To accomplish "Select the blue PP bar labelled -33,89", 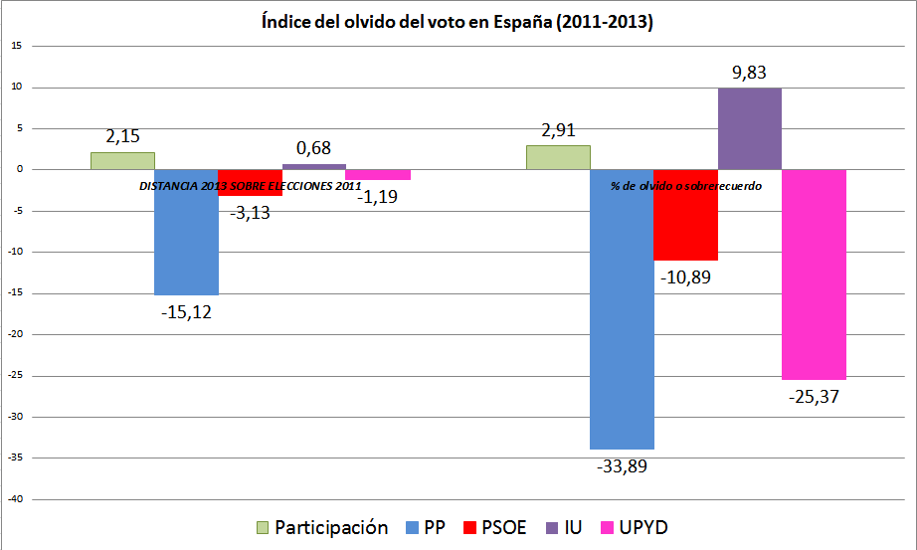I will [x=622, y=308].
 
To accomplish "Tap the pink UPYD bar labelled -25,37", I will [x=814, y=274].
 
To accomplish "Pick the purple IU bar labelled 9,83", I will [x=749, y=128].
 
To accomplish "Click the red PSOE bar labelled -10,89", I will [x=685, y=214].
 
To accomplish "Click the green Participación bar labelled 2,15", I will [x=122, y=160].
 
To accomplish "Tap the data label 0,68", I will [x=313, y=148].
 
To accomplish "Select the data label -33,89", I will [x=623, y=464].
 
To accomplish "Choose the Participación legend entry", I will [x=321, y=527].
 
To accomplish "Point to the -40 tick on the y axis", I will [x=18, y=499].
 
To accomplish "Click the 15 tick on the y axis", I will [x=18, y=46].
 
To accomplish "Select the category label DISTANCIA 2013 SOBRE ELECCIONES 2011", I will [x=250, y=185].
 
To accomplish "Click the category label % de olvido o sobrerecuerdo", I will [x=685, y=185].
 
